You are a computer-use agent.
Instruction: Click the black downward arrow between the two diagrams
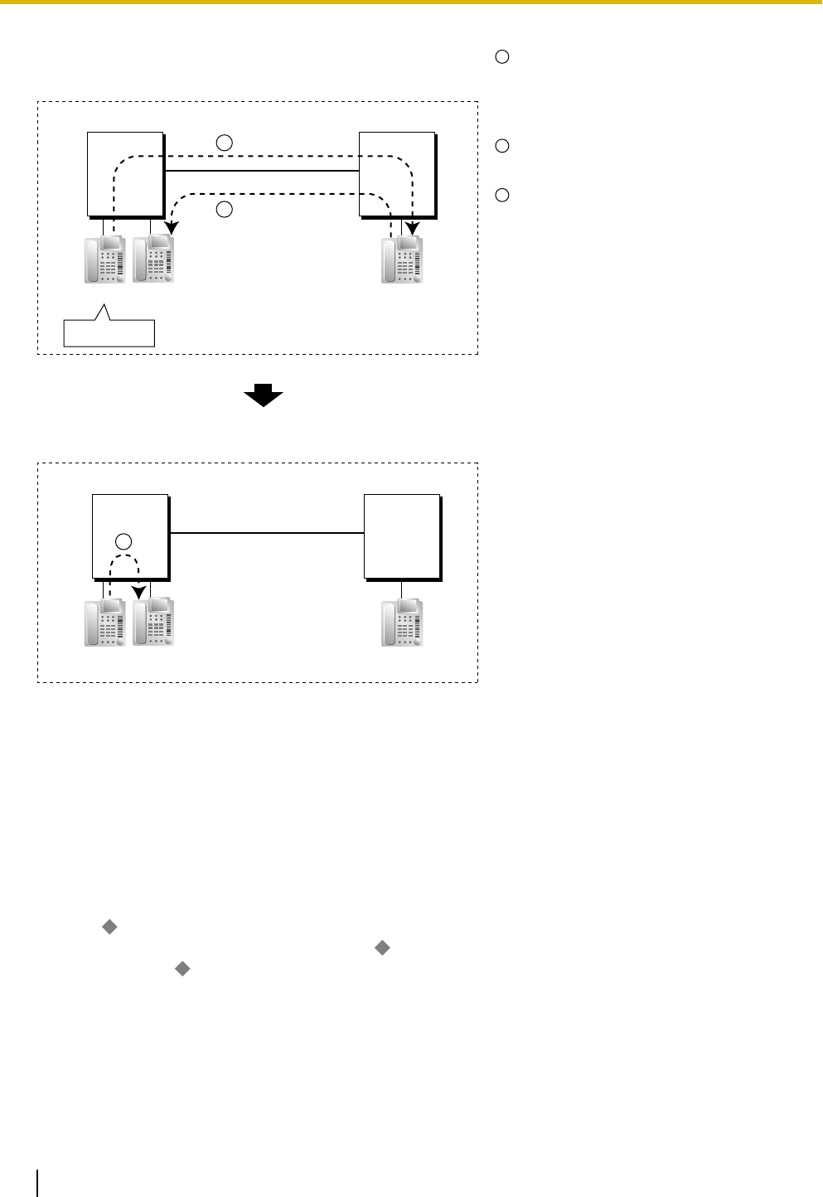[x=264, y=397]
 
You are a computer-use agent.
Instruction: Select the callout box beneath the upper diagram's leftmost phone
[x=109, y=332]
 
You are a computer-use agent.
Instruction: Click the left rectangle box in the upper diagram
[x=125, y=172]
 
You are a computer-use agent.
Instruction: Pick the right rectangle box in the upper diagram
[x=397, y=172]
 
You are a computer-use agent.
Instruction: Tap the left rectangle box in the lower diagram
[x=130, y=535]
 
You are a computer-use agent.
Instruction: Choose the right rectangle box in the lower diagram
[x=402, y=535]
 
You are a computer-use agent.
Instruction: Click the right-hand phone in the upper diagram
[x=403, y=259]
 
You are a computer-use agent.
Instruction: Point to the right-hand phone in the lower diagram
[x=403, y=623]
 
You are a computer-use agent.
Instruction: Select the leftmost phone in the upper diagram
[x=105, y=259]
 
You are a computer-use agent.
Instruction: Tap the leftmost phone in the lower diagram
[x=105, y=623]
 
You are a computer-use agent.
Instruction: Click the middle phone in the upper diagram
[x=153, y=259]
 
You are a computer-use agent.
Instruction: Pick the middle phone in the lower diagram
[x=153, y=623]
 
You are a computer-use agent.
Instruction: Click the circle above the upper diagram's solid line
[x=224, y=143]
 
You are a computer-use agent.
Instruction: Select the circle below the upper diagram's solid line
[x=224, y=210]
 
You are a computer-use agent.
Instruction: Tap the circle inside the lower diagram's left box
[x=123, y=542]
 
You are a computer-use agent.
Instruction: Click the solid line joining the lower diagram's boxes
[x=267, y=533]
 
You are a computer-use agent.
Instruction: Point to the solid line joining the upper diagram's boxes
[x=261, y=171]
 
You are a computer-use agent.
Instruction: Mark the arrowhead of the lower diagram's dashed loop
[x=139, y=594]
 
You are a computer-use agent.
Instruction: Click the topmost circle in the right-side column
[x=501, y=57]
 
